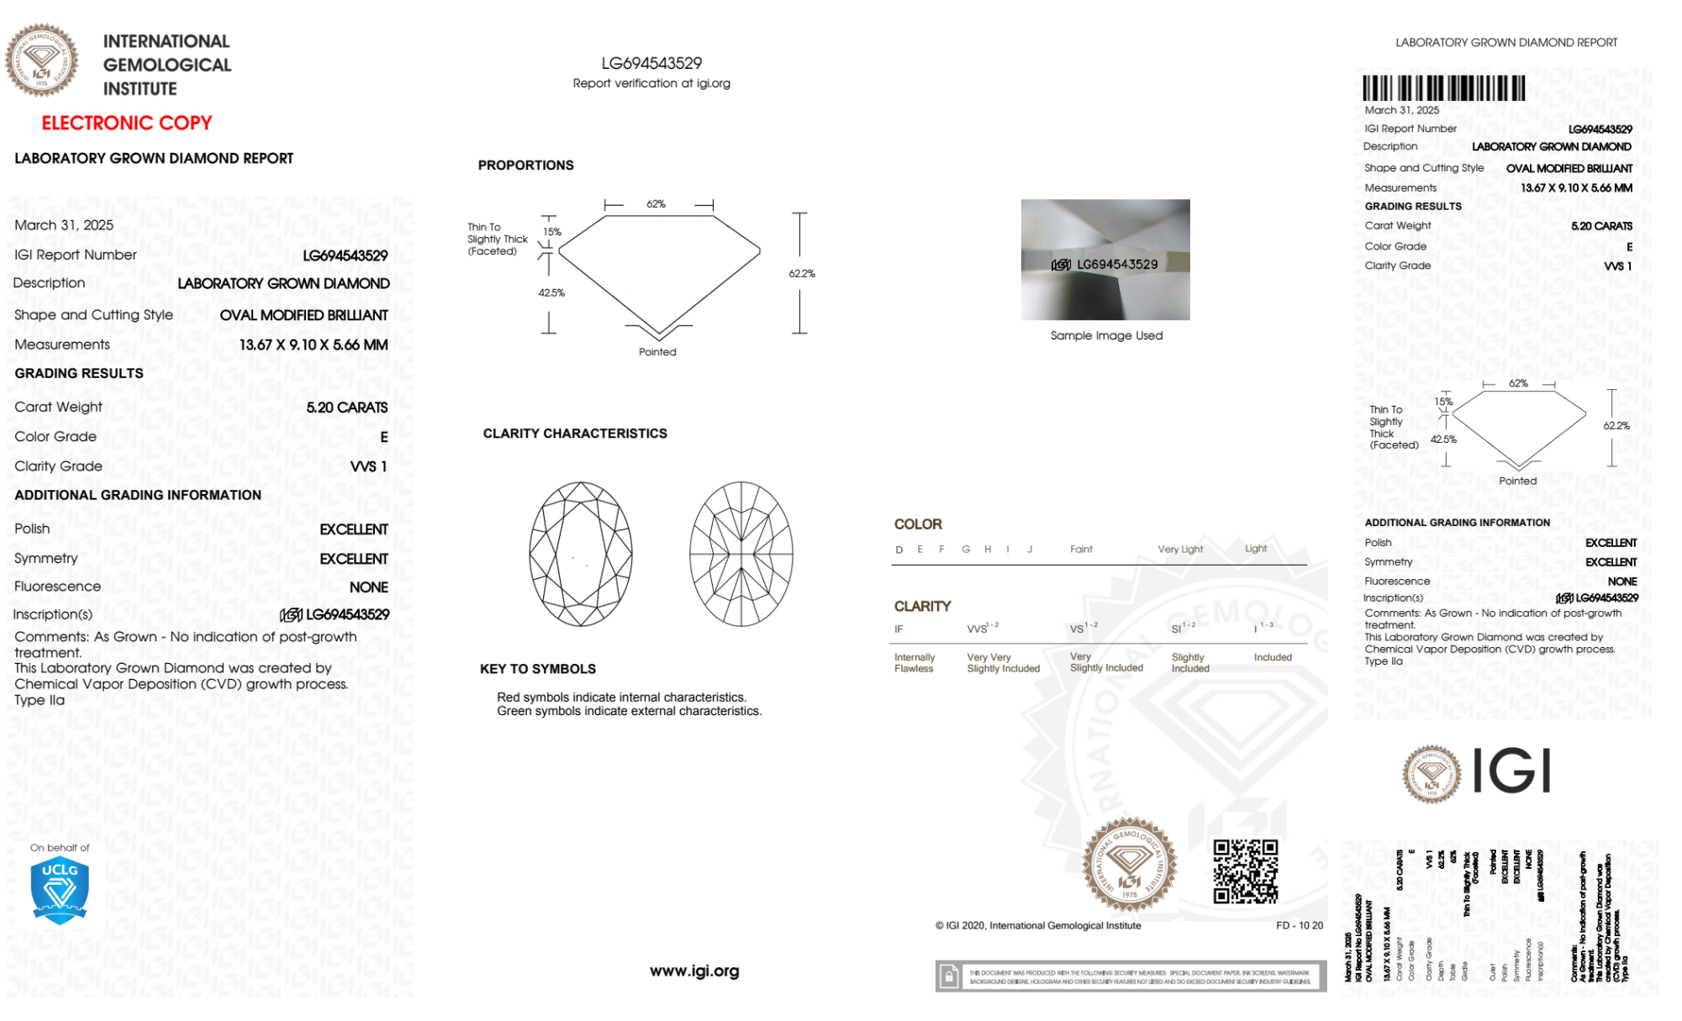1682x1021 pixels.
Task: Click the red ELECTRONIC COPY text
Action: [127, 124]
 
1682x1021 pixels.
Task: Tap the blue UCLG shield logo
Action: [60, 891]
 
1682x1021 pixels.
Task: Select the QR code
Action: [1245, 871]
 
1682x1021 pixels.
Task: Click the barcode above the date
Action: [1443, 88]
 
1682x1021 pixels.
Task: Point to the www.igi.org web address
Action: [694, 971]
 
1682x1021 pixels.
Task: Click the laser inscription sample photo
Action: [1105, 260]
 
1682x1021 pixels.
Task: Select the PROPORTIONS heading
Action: [525, 166]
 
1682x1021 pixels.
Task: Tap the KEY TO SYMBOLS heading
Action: [538, 669]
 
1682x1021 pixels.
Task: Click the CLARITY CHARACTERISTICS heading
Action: [575, 434]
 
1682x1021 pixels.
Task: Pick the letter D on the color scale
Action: [899, 550]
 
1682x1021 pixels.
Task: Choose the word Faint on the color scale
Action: [1081, 550]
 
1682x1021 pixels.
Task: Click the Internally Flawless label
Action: [915, 663]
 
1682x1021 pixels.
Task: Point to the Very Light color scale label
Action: [1180, 550]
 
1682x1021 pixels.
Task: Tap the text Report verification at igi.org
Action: [651, 83]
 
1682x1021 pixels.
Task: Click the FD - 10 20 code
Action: [1299, 926]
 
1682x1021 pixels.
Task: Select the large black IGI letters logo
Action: [1511, 771]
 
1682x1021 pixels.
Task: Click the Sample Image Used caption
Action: [1106, 335]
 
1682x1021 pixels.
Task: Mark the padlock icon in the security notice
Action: [949, 976]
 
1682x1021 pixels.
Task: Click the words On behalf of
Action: [60, 848]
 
